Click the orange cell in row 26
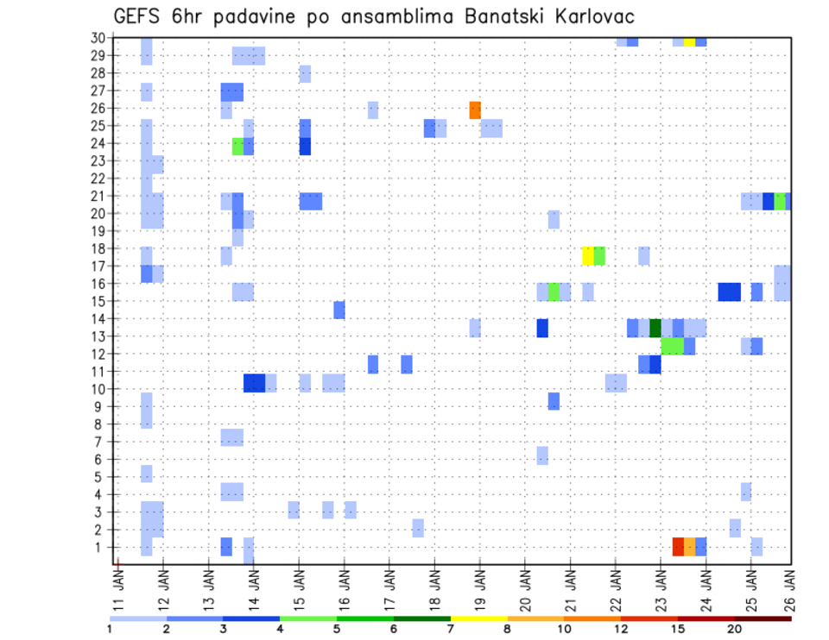tap(474, 110)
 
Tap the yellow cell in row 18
tap(588, 255)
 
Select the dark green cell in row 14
tap(655, 328)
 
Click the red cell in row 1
tap(678, 547)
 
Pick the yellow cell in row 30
tap(689, 41)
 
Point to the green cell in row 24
tap(237, 147)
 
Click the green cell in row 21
tap(780, 201)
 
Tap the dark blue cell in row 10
tap(254, 383)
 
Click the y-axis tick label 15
tap(102, 301)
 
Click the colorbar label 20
tap(734, 629)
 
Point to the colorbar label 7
tap(450, 629)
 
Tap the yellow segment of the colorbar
tap(478, 618)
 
